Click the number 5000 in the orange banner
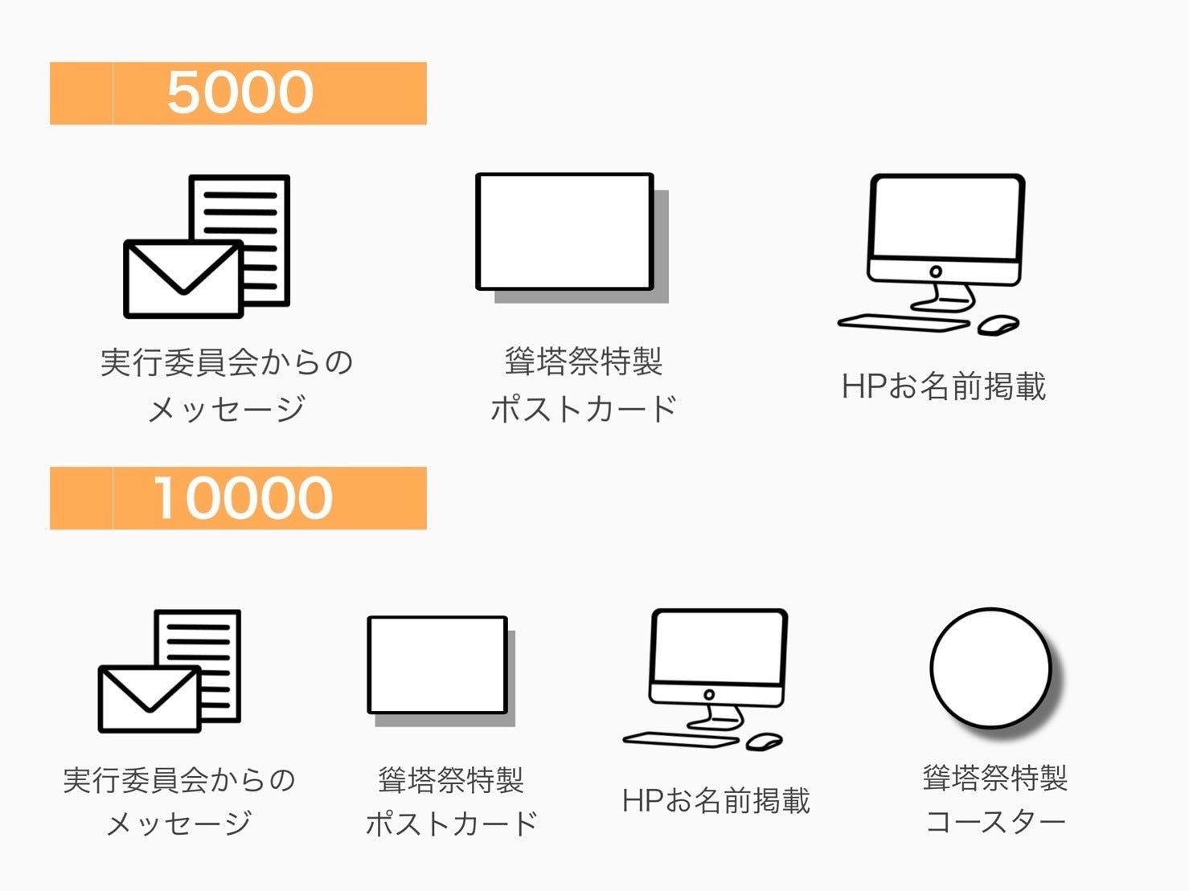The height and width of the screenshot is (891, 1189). tap(240, 92)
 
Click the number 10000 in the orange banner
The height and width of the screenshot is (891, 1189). tap(242, 498)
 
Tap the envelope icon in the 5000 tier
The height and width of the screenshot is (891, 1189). tap(182, 279)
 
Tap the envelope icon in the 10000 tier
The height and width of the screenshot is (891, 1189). tap(149, 698)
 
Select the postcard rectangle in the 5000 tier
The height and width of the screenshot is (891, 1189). tap(564, 231)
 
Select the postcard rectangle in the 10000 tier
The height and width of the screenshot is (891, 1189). tap(437, 664)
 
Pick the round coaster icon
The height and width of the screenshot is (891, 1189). tap(990, 668)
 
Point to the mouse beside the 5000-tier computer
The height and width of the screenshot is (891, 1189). tap(998, 325)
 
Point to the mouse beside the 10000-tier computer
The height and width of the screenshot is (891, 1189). tap(764, 742)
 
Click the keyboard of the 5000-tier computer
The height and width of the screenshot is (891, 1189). tap(904, 322)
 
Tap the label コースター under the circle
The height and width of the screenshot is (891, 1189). tap(995, 822)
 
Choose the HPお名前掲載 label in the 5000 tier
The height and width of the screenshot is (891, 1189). tap(944, 386)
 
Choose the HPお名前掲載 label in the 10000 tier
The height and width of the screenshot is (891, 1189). tap(715, 801)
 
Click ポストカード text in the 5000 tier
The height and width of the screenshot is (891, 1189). tap(584, 409)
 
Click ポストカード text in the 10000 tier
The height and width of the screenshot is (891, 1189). tap(451, 824)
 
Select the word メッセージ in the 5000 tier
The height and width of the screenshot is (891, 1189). tap(227, 409)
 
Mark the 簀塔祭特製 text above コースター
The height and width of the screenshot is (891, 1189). tap(995, 778)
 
